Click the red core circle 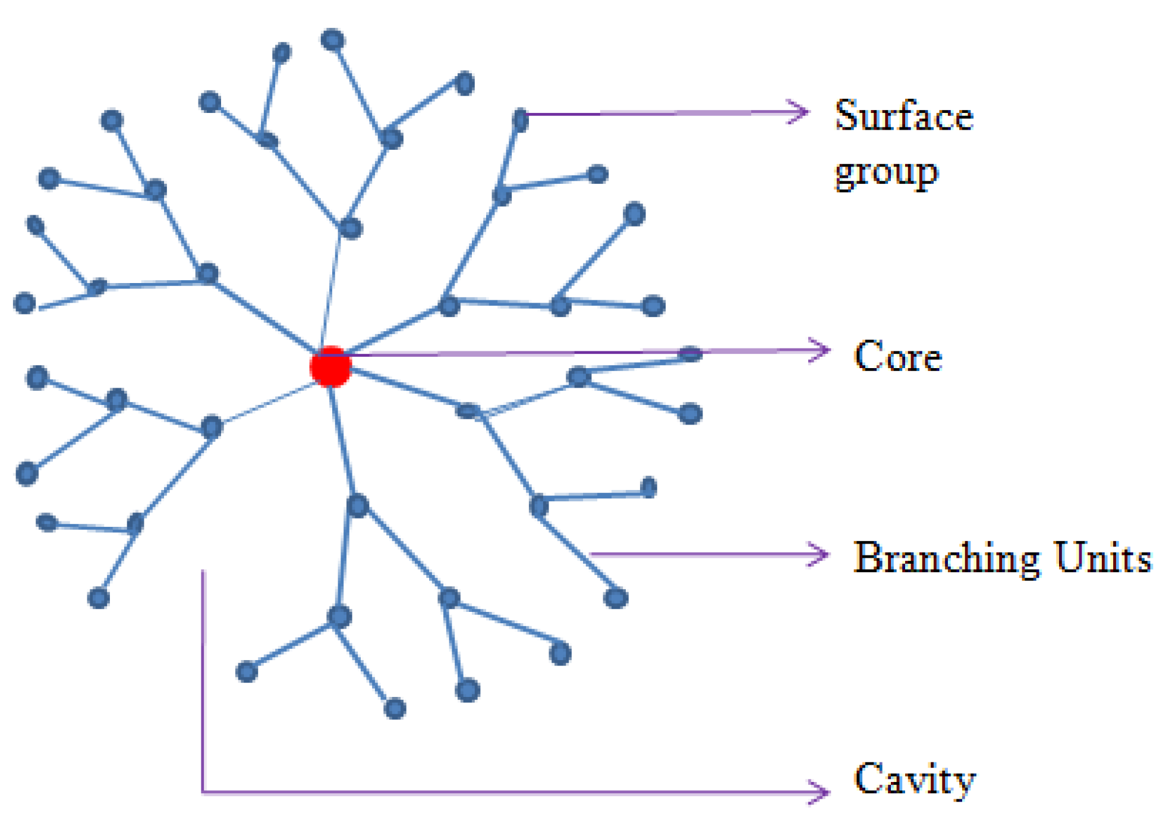pyautogui.click(x=330, y=366)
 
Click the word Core pyautogui.click(x=897, y=356)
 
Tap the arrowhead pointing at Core pyautogui.click(x=823, y=350)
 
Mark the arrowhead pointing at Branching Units pyautogui.click(x=821, y=554)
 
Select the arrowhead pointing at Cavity pyautogui.click(x=821, y=791)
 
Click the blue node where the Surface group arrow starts pyautogui.click(x=520, y=120)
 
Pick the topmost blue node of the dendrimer pyautogui.click(x=333, y=40)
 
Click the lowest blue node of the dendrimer pyautogui.click(x=395, y=708)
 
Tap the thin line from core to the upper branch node pyautogui.click(x=331, y=291)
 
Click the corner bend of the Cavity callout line pyautogui.click(x=203, y=791)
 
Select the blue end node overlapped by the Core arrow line pyautogui.click(x=690, y=354)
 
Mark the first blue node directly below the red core pyautogui.click(x=357, y=505)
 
